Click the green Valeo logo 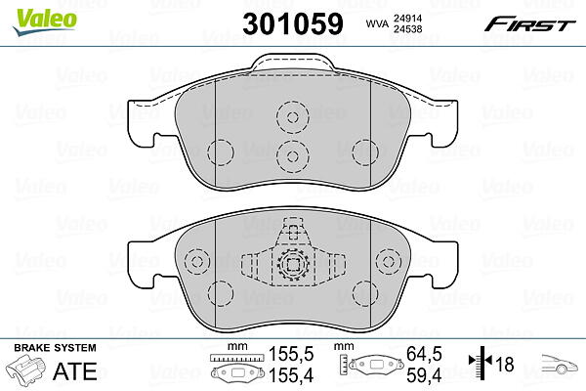point(45,22)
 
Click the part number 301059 point(293,23)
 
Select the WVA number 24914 point(407,18)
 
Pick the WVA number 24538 point(407,29)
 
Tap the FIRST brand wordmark point(529,24)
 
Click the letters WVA point(377,23)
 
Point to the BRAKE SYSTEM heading point(55,348)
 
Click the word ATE point(75,371)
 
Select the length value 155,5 point(291,354)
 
